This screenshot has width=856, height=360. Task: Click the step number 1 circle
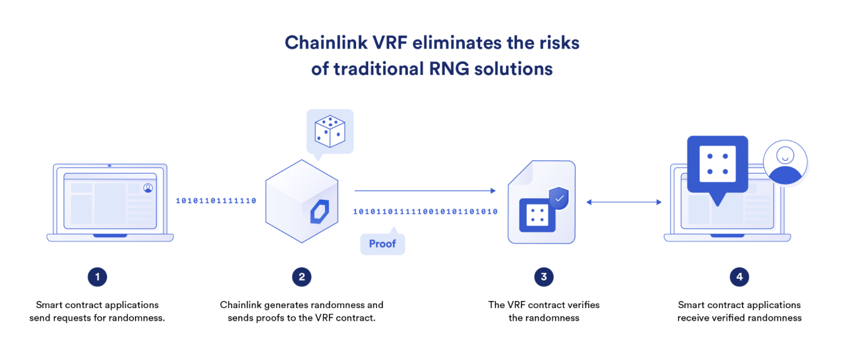coord(97,276)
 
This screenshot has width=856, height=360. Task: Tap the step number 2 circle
coord(302,276)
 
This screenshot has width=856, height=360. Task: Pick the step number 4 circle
coord(739,276)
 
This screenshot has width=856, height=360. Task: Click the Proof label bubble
coord(382,244)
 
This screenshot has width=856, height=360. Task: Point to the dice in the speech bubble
coord(329,129)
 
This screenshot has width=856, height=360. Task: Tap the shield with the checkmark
coord(559,198)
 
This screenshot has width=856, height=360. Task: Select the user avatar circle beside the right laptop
coord(785,162)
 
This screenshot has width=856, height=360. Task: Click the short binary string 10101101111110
coord(216,201)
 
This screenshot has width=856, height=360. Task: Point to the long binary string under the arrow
coord(425,212)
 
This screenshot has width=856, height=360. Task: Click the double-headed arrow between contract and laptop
coord(623,202)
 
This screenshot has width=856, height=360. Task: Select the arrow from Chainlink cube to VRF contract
coord(425,190)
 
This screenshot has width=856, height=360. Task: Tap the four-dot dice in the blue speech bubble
coord(717,163)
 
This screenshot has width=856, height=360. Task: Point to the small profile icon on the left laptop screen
coord(148,188)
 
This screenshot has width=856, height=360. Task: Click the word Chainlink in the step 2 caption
coord(241,305)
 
